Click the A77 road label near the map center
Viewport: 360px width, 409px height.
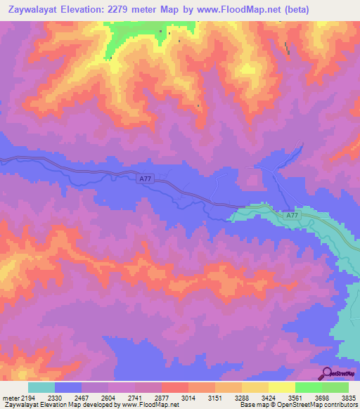click(x=145, y=180)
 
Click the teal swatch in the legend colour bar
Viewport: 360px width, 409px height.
click(x=41, y=387)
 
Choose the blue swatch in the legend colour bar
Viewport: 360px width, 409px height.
click(x=68, y=387)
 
